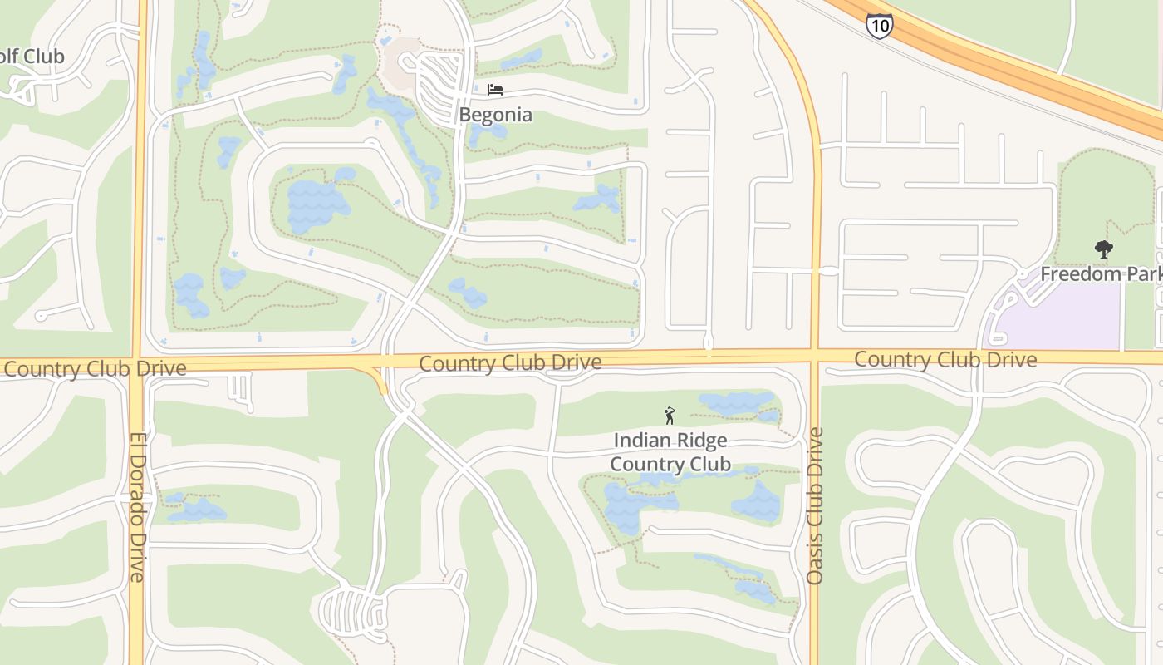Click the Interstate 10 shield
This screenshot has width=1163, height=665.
pos(879,25)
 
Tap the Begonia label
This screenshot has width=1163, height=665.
pos(496,115)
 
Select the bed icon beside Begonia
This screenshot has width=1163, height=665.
pos(495,90)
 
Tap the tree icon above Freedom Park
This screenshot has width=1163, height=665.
pos(1103,249)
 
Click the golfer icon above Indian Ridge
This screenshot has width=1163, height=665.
pos(670,416)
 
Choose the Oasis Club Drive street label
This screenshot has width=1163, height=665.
pos(815,505)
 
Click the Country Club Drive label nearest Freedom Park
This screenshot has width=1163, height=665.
pos(945,359)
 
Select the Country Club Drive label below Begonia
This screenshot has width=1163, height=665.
pos(510,363)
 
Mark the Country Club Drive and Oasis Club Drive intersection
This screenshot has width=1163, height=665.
pos(815,357)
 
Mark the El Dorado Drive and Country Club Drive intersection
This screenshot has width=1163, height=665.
pos(138,367)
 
